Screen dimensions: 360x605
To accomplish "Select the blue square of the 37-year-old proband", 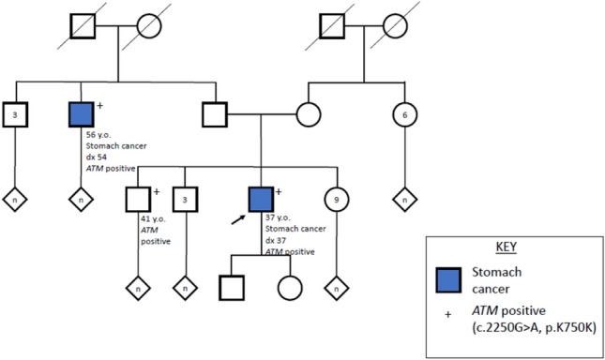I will pyautogui.click(x=261, y=199).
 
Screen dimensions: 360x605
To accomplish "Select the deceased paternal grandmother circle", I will pyautogui.click(x=149, y=27).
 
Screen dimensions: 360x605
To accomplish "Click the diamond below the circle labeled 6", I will pyautogui.click(x=404, y=200).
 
